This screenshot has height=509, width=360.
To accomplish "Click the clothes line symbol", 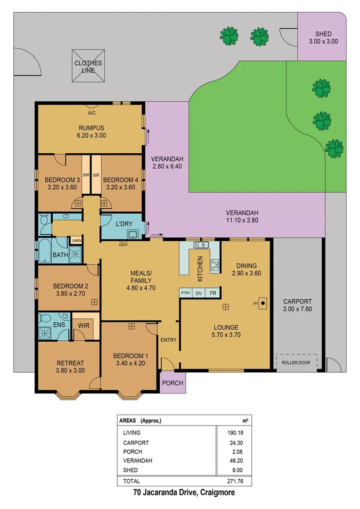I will point(88,66).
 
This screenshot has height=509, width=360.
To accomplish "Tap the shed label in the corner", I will point(323,37).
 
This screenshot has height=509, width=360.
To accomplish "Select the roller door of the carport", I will point(296,362).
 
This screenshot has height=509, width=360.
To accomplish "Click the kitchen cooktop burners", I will point(215,265).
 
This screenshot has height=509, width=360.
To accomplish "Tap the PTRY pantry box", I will point(185,293).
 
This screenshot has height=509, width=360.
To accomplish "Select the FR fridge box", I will point(213,293).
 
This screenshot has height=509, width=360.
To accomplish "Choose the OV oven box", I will point(199,293).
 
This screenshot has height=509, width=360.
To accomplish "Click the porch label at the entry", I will point(172,383).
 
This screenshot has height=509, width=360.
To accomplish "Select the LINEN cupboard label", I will point(76,241).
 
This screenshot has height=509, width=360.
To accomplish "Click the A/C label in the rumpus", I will point(91,113).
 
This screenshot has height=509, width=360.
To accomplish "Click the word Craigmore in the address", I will point(217,493).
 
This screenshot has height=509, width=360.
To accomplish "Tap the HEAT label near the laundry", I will point(123,245).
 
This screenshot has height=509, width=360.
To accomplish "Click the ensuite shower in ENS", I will point(46,333).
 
